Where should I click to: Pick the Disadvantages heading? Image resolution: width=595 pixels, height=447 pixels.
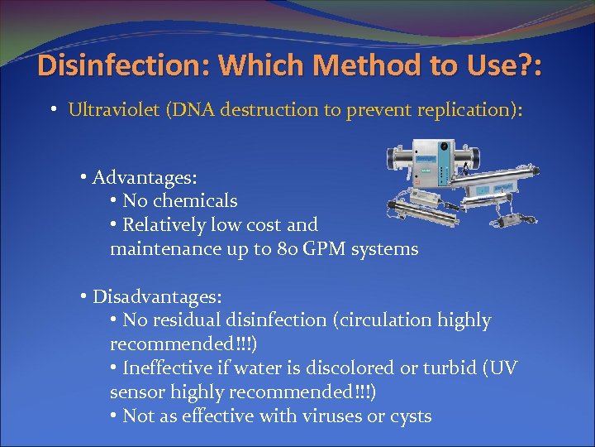pos(156,296)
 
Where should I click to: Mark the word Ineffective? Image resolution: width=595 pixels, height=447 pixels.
pos(170,368)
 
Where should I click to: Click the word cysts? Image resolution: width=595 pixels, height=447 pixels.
pos(409,416)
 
